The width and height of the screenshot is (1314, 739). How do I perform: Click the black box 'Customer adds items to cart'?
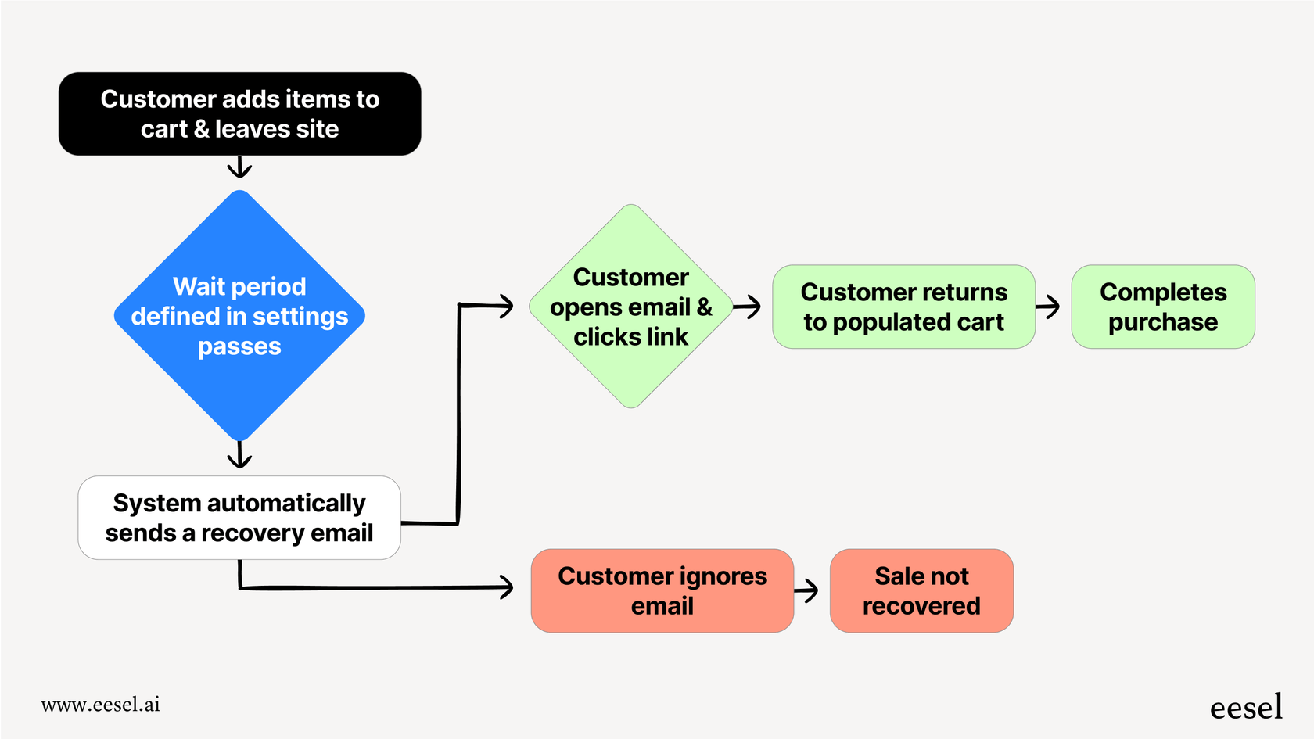[239, 114]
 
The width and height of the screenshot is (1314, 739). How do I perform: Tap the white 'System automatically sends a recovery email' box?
[239, 518]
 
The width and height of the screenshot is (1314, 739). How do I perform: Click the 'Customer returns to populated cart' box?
[903, 307]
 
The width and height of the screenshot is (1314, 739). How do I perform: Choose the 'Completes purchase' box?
[1163, 307]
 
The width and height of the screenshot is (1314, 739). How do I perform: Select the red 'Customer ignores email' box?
[662, 590]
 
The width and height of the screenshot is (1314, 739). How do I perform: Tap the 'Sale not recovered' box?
[921, 590]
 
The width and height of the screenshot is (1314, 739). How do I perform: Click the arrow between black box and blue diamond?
[239, 167]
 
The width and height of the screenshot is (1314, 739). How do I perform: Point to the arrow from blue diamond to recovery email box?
[239, 454]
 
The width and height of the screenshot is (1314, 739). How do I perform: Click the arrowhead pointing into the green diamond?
[505, 306]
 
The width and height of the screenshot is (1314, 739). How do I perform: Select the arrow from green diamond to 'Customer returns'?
[748, 307]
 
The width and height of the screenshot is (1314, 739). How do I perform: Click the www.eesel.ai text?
[101, 705]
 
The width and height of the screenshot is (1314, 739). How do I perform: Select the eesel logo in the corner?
[1246, 707]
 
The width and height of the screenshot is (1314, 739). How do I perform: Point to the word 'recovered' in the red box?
[921, 606]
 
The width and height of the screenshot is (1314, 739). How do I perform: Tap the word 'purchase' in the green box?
[1163, 322]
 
